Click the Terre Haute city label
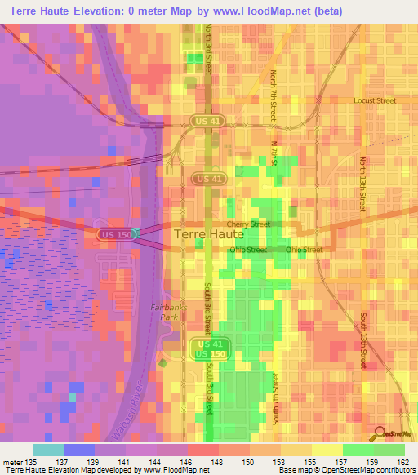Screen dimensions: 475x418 [210, 234]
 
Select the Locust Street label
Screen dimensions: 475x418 [374, 101]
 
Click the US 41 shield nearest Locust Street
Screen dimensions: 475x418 [207, 121]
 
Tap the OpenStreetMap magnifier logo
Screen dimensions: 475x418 [379, 433]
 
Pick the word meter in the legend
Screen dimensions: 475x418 [14, 462]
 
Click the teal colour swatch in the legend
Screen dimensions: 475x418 [48, 450]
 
